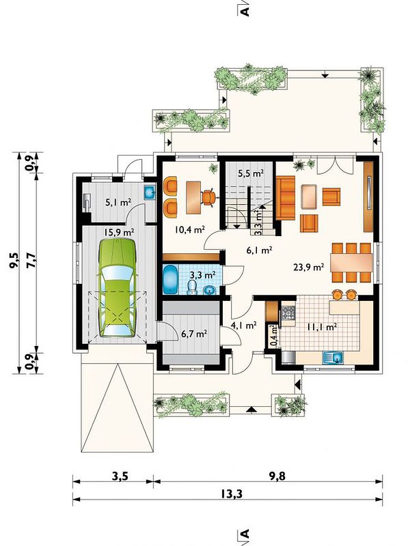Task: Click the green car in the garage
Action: [x=117, y=287]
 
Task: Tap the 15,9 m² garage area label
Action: [x=120, y=231]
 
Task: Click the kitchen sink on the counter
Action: [x=333, y=357]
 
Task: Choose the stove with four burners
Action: [x=288, y=313]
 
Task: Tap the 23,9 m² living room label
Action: [x=309, y=268]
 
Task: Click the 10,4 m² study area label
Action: [x=189, y=229]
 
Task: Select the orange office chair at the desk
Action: [x=208, y=197]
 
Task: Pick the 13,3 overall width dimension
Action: [x=231, y=493]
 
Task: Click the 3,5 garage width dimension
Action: [x=120, y=476]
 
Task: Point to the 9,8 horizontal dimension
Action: [x=277, y=476]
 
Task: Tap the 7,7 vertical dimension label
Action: [x=31, y=260]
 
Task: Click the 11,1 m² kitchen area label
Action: [x=321, y=327]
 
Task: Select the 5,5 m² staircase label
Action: [x=250, y=173]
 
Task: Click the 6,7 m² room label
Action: [x=194, y=334]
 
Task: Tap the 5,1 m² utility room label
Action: [x=118, y=201]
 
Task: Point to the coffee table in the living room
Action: [x=309, y=197]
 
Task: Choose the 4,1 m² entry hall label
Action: [x=244, y=326]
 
